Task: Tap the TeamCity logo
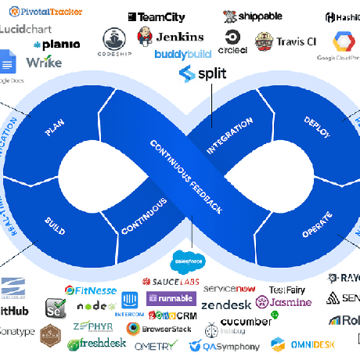pyautogui.click(x=157, y=16)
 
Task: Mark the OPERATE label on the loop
pyautogui.click(x=316, y=222)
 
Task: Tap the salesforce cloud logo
pyautogui.click(x=188, y=261)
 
